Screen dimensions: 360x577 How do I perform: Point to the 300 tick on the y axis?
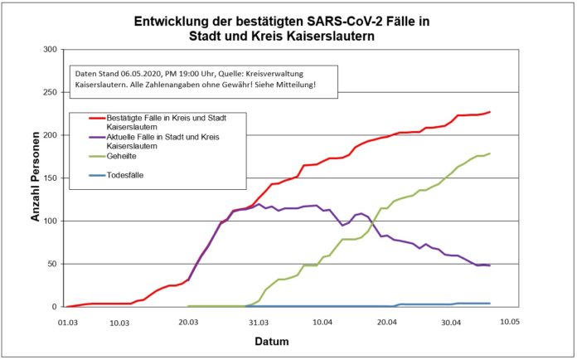click(48, 50)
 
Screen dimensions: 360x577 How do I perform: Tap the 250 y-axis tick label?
click(48, 92)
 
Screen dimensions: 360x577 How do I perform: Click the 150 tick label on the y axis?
click(48, 178)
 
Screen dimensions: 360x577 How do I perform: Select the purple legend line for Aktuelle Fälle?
click(85, 137)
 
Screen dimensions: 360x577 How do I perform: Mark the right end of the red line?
click(490, 112)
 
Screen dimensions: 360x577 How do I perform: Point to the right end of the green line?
click(490, 153)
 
